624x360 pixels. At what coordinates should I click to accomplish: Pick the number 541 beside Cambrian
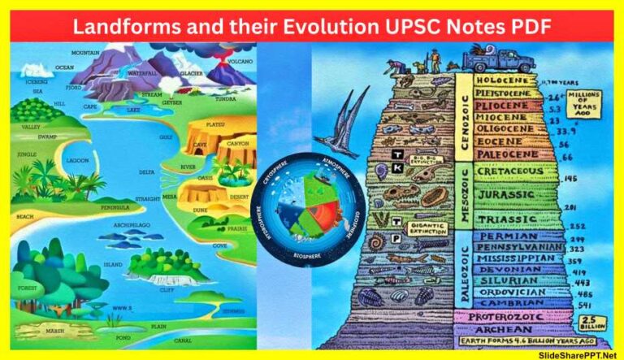(583, 304)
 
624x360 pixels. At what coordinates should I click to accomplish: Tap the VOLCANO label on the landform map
(240, 60)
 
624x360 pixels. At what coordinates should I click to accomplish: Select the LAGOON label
(78, 160)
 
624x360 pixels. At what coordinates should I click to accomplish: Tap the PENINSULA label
(119, 207)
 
